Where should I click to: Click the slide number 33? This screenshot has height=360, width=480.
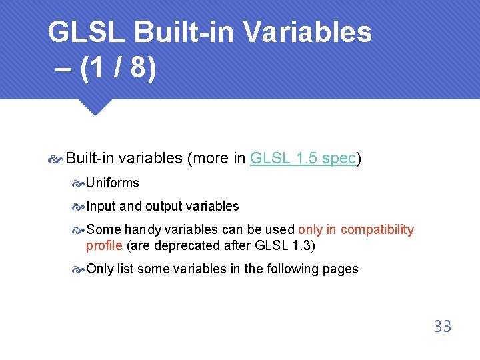click(x=442, y=326)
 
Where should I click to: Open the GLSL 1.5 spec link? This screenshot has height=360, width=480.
click(x=303, y=158)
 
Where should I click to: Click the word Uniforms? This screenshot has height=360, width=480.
click(x=113, y=183)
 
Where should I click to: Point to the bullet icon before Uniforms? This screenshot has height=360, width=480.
click(x=79, y=183)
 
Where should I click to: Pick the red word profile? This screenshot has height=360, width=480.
click(x=103, y=245)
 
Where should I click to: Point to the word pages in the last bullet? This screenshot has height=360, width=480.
click(x=341, y=269)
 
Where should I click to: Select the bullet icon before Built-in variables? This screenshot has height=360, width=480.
click(x=56, y=159)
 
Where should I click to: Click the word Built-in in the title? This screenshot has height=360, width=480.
click(x=175, y=32)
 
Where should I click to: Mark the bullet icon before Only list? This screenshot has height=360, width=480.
click(x=79, y=269)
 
